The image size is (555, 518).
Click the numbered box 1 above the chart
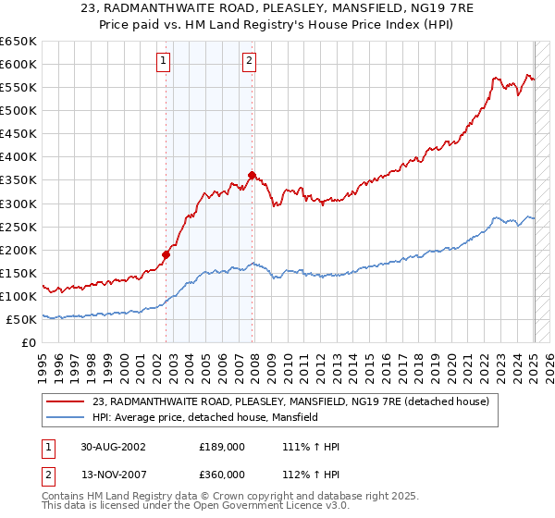pyautogui.click(x=164, y=62)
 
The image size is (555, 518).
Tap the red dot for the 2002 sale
pyautogui.click(x=166, y=254)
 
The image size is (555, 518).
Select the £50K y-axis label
pyautogui.click(x=21, y=319)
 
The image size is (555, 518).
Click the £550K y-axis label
pyautogui.click(x=18, y=87)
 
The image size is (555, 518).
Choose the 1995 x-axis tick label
pyautogui.click(x=43, y=364)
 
